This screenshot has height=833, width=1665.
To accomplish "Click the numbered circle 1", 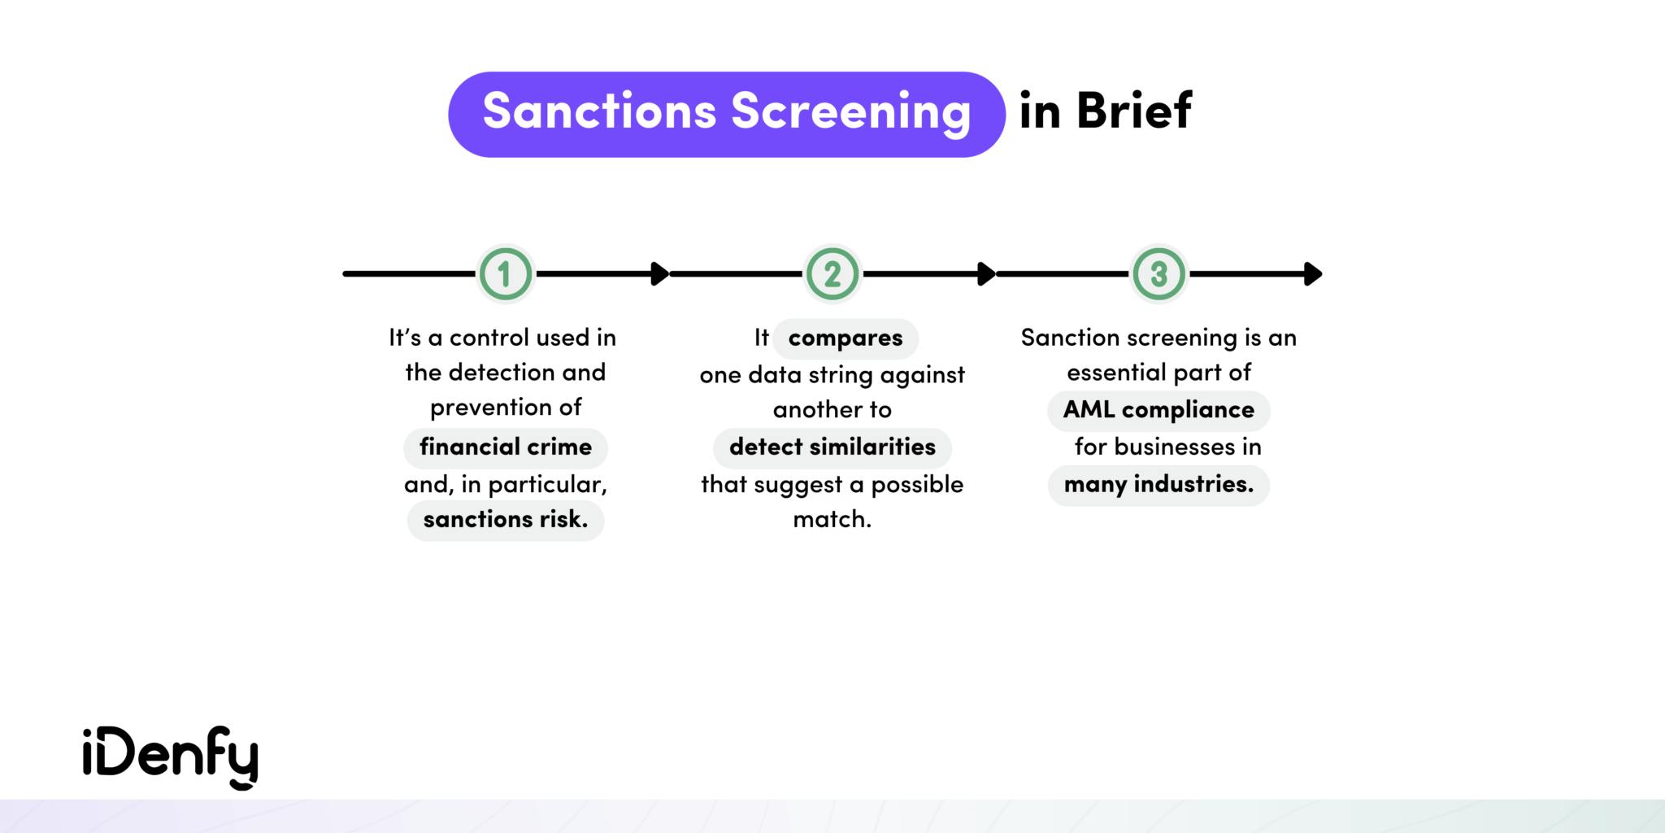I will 505,274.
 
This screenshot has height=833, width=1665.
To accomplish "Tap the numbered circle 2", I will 832,274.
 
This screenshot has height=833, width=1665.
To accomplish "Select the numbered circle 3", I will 1159,274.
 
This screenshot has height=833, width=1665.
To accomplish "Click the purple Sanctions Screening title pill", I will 726,114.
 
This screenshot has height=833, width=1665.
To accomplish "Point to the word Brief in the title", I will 1134,111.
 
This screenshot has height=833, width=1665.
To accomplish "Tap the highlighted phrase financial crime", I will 505,447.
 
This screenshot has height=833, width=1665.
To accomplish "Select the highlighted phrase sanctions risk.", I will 505,520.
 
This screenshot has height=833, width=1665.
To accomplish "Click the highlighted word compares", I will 845,338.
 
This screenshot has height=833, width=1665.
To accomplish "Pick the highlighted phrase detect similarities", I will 832,447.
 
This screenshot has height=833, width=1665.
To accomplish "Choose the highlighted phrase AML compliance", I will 1159,410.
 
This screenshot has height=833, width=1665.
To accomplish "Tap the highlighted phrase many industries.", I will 1159,485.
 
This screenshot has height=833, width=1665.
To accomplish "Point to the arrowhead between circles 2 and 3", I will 986,274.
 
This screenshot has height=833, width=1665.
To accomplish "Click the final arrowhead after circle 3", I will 1312,274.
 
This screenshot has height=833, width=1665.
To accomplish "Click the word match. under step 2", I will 832,520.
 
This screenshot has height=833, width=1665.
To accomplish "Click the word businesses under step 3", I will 1174,447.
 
